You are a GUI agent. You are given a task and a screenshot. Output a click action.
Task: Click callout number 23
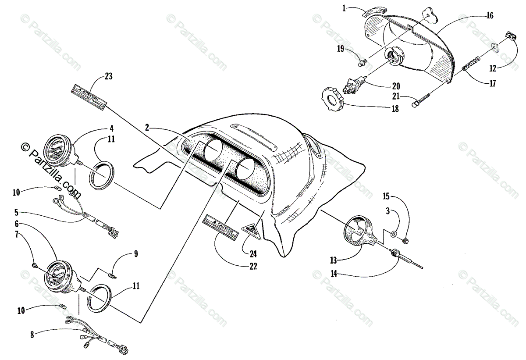click(109, 76)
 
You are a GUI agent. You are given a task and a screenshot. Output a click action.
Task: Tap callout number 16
click(490, 16)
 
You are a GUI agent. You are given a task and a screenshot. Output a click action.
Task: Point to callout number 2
click(148, 128)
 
